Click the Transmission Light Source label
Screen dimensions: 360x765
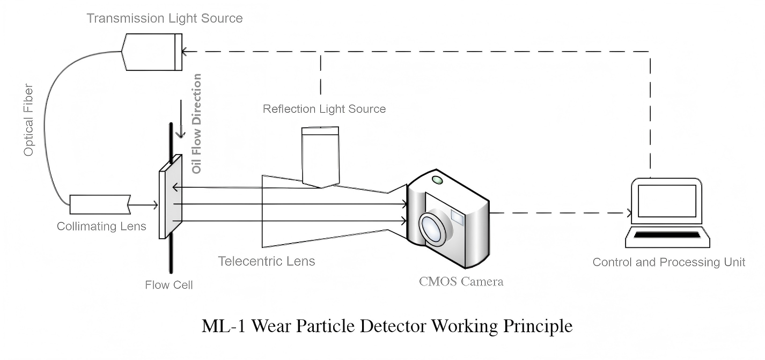tap(164, 18)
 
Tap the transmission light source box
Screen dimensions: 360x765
tap(152, 52)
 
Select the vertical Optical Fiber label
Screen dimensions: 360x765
tap(29, 120)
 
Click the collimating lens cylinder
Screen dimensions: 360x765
tap(100, 204)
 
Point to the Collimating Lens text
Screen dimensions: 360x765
tap(101, 226)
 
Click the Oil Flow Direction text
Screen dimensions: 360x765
tap(197, 124)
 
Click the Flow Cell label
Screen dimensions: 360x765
tap(168, 285)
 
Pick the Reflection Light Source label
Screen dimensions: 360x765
tap(324, 109)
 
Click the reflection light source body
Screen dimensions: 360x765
tap(320, 156)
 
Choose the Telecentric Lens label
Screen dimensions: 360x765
tap(266, 261)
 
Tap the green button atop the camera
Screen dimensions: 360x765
tap(437, 180)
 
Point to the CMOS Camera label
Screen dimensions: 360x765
tap(461, 281)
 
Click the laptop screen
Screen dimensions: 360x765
tap(667, 200)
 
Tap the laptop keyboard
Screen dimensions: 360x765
tap(667, 236)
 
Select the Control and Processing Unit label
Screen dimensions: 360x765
tap(668, 262)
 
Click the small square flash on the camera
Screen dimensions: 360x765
tap(457, 216)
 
